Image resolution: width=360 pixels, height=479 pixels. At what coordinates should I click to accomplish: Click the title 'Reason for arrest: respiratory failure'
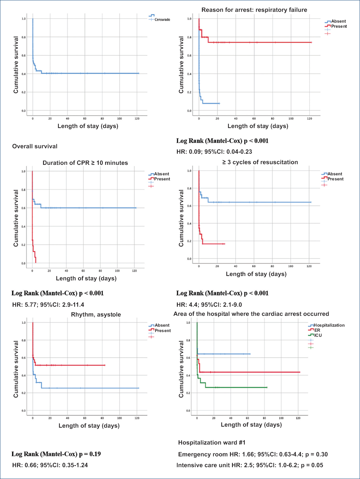(x=254, y=10)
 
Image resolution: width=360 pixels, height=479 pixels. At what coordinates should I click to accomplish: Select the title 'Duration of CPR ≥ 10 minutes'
(x=85, y=163)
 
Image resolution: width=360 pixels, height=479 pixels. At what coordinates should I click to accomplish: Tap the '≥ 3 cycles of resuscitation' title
(x=260, y=162)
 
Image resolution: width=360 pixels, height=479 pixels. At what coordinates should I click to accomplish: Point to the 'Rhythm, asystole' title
(x=96, y=314)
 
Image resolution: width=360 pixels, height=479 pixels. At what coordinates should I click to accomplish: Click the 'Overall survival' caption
(x=35, y=146)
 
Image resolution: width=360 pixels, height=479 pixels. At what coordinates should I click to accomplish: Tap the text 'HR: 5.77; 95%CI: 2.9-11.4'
(x=48, y=305)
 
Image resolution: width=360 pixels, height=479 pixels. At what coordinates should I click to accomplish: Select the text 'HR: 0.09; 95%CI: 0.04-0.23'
(x=214, y=152)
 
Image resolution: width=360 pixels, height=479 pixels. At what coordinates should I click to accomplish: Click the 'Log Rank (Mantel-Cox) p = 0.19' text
(x=56, y=454)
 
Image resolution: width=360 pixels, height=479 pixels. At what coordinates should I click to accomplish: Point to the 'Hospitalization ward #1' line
(x=212, y=443)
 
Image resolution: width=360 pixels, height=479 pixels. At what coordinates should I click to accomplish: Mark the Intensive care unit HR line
(x=250, y=465)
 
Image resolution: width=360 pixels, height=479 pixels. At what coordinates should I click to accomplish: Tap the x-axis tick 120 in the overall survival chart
(x=137, y=119)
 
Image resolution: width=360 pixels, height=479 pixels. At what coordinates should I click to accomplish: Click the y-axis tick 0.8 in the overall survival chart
(x=24, y=37)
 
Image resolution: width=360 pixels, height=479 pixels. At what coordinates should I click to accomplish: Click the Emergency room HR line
(x=253, y=454)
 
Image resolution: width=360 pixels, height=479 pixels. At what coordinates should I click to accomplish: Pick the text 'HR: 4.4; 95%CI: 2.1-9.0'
(x=209, y=305)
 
